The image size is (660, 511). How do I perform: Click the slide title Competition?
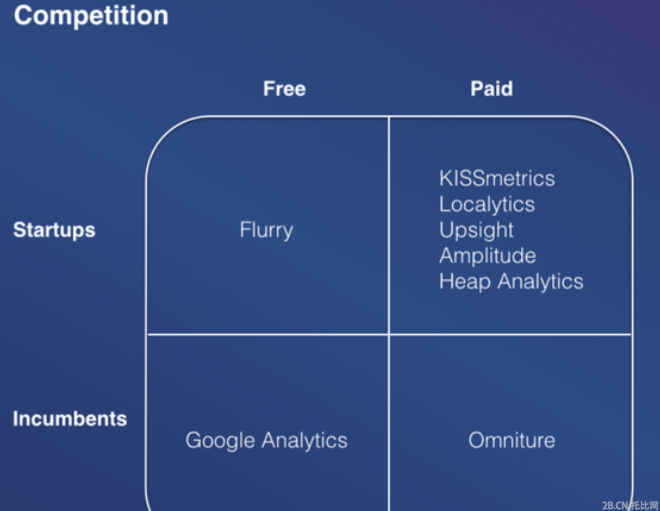coord(91,16)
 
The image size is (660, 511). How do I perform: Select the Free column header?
coord(285,89)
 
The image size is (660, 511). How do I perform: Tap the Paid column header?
coord(492,89)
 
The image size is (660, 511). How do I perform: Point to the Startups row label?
coord(54,231)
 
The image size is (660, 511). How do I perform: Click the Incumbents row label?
coord(70,419)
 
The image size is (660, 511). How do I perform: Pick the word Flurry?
coord(267,231)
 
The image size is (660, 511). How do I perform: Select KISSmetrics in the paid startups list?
coord(497,178)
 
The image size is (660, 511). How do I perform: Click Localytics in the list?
coord(487,205)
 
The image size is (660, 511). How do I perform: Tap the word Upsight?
coord(476,231)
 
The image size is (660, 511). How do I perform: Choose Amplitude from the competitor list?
coord(487,256)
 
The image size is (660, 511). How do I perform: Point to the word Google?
coord(220,441)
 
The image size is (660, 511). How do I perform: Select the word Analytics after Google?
coord(305,441)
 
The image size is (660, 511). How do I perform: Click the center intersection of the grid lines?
coord(388,334)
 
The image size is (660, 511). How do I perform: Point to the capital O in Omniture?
coord(477,440)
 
